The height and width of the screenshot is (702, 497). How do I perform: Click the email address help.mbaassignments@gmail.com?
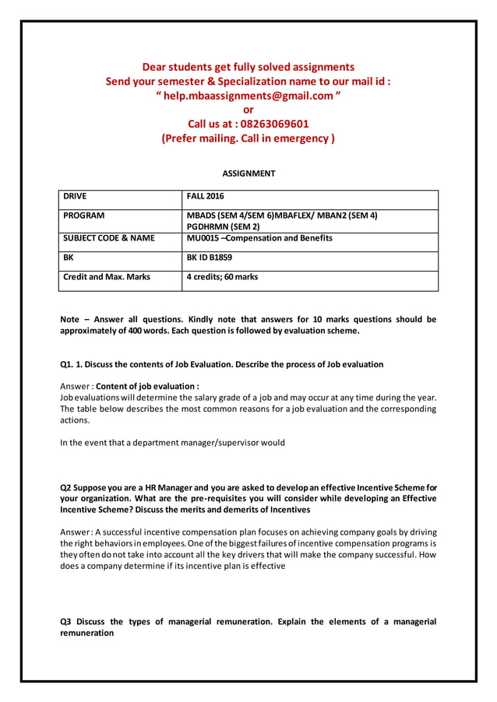(248, 95)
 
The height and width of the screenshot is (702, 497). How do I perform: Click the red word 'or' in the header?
(248, 110)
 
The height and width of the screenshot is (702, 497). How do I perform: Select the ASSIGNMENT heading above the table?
(248, 174)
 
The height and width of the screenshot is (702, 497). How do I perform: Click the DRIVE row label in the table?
(76, 196)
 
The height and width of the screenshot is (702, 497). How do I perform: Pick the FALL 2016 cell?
(205, 196)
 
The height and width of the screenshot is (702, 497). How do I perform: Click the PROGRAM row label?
(84, 215)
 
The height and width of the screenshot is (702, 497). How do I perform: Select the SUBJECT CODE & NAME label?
(109, 238)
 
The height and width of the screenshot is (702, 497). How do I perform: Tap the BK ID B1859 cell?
(210, 257)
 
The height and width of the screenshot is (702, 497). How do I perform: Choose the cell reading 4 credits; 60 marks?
(222, 276)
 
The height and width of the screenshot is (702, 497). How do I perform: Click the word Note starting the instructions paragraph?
(71, 319)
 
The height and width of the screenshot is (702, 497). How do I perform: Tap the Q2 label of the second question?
(67, 487)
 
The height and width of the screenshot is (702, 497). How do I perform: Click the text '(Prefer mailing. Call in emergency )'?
(248, 139)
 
